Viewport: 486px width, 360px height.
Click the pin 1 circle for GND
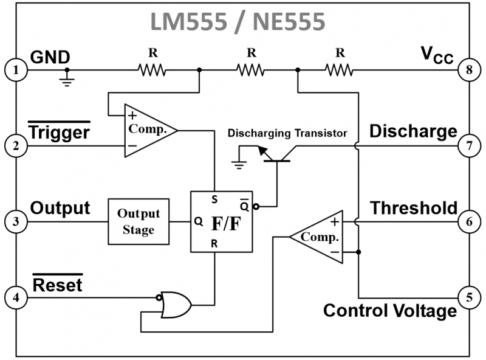[15, 71]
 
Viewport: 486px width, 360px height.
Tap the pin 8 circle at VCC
[469, 71]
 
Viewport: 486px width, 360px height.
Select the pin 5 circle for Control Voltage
[469, 297]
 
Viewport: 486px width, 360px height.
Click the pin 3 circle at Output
[15, 221]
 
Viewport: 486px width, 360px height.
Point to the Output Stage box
[139, 221]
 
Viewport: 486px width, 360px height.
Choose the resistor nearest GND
[152, 71]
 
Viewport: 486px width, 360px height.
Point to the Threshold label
[414, 208]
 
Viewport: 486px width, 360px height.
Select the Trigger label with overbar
[59, 131]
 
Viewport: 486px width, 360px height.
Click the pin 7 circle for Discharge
[469, 146]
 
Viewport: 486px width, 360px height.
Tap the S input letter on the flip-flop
[214, 199]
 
